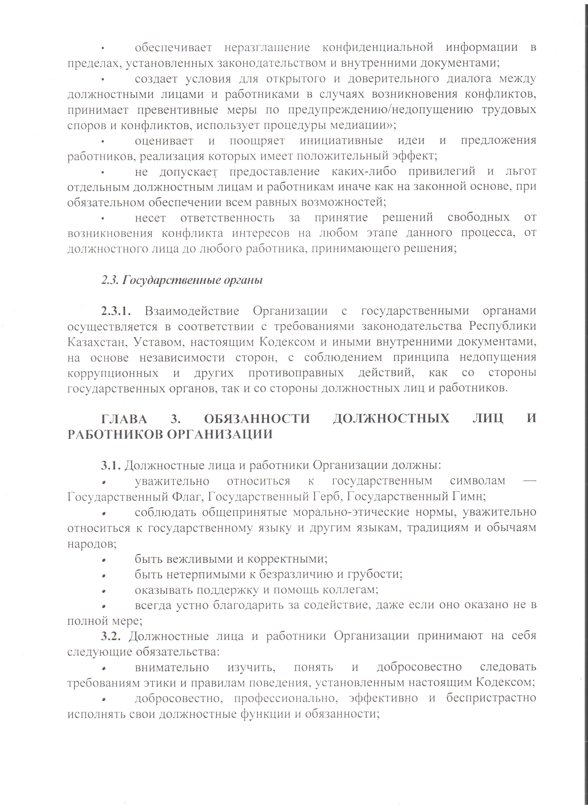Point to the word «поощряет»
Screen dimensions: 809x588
tap(257, 140)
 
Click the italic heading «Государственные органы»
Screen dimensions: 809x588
tap(192, 280)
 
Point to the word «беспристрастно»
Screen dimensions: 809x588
tap(491, 698)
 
